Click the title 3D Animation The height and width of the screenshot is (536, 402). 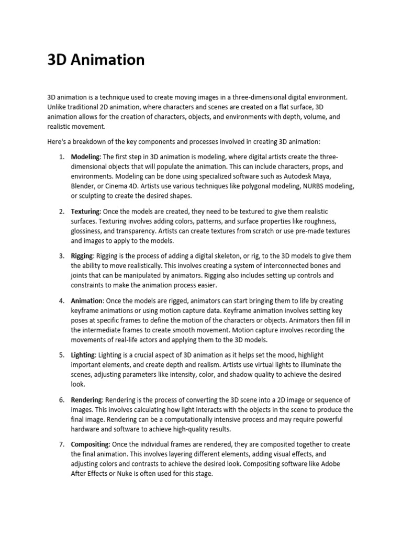(x=96, y=60)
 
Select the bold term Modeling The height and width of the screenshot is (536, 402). (x=86, y=157)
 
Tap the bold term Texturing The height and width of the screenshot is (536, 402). (x=85, y=212)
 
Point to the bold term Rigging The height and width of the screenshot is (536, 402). (x=82, y=256)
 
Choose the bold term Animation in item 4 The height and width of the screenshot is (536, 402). (x=87, y=301)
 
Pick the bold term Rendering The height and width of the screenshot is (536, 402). (x=87, y=400)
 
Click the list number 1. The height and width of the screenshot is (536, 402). (x=61, y=157)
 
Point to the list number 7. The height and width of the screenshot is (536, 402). (x=61, y=444)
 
